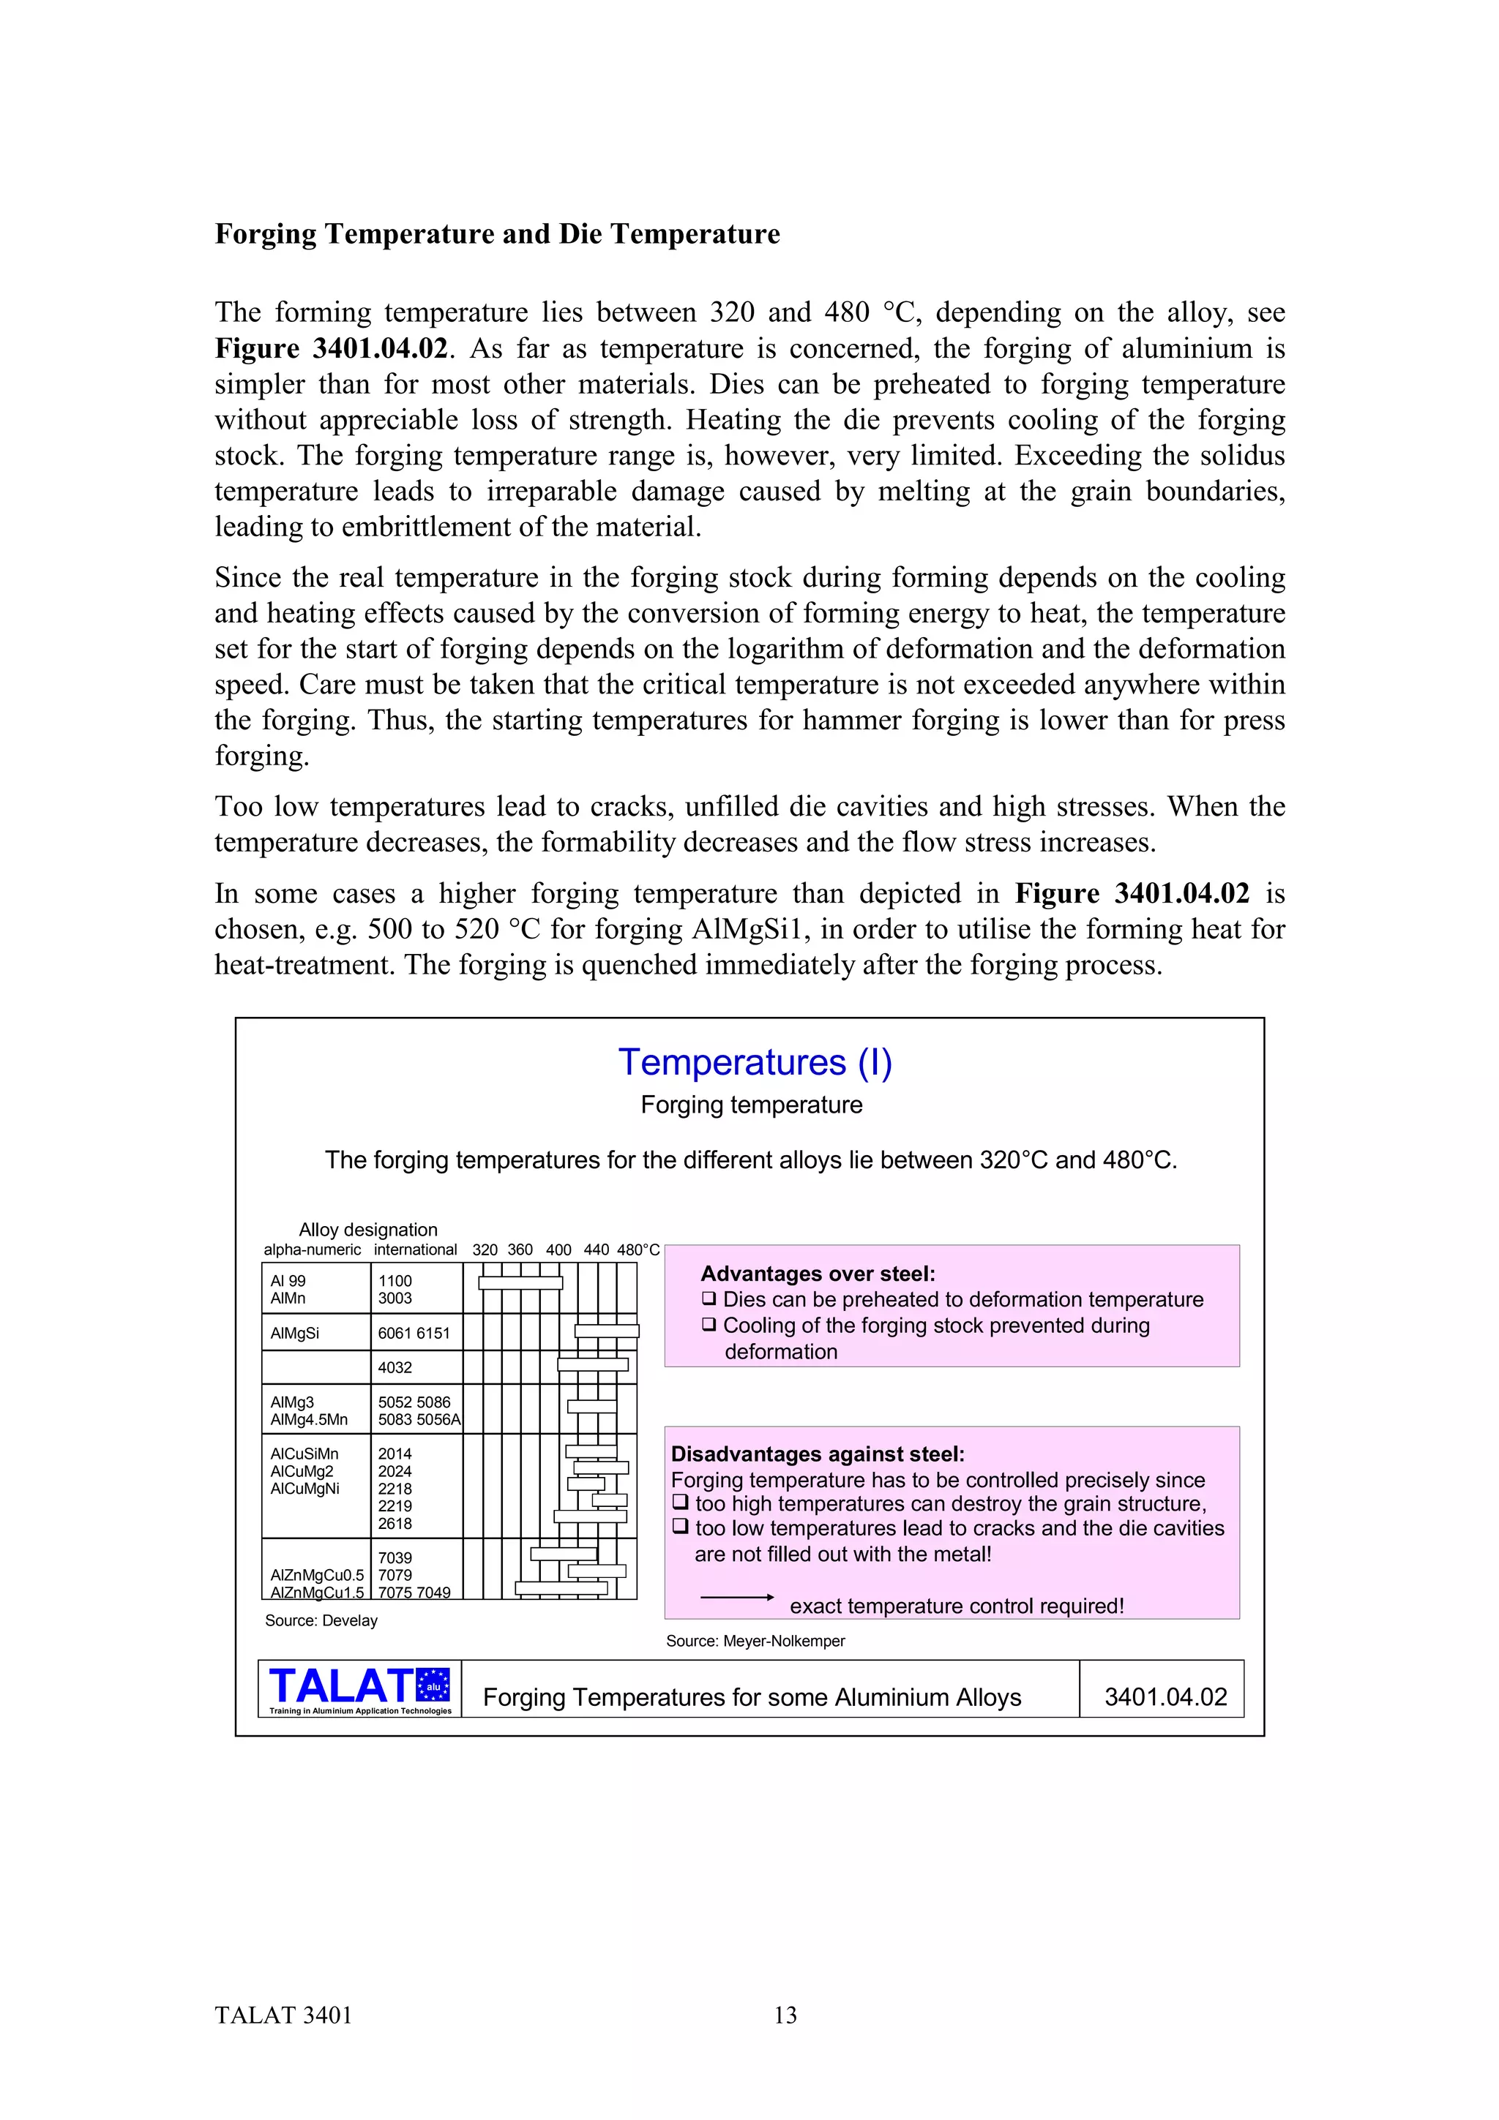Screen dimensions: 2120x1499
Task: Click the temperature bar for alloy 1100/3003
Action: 520,1282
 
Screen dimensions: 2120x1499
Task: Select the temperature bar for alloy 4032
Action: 593,1365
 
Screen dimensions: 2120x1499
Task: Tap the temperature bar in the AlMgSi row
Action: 607,1331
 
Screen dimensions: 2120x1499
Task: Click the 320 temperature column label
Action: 485,1249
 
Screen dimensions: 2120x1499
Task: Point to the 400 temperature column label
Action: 558,1249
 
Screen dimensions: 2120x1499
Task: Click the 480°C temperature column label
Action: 638,1249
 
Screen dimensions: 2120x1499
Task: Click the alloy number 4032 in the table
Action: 395,1367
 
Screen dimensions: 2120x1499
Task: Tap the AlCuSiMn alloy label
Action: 304,1454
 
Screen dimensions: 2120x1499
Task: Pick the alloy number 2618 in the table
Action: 395,1524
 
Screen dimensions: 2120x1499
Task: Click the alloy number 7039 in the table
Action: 395,1557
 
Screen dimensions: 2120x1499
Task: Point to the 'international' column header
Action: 416,1249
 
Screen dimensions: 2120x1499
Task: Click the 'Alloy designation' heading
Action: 367,1229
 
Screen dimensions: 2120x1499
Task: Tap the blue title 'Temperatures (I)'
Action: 755,1062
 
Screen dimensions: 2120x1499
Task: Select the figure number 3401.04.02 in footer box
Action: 1165,1697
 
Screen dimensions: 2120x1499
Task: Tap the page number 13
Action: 785,2015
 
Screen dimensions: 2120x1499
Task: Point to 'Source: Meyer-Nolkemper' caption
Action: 755,1641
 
